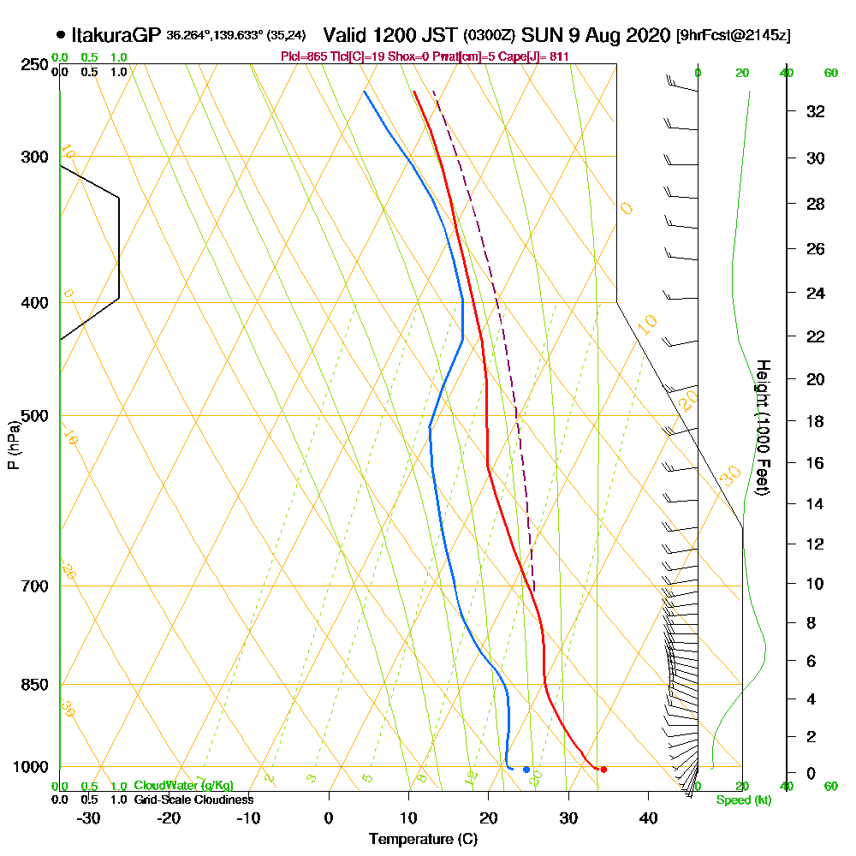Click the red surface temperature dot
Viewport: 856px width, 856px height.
603,770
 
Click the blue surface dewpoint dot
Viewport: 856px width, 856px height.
526,770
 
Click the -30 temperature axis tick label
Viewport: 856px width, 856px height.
89,817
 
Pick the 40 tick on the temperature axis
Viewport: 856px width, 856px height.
648,817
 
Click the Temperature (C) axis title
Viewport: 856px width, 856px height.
423,840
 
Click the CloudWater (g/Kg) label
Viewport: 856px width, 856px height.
183,786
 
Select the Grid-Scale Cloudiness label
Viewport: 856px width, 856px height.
193,800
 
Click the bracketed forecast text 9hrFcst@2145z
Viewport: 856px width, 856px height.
733,36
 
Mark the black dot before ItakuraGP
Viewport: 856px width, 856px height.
60,36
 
